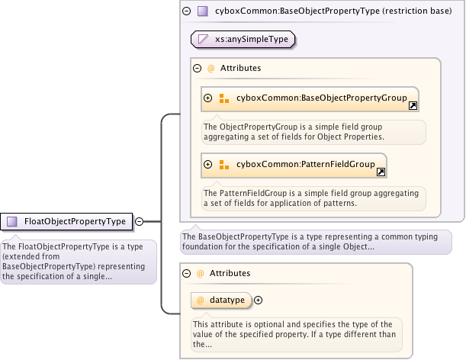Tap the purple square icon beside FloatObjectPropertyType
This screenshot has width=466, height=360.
tap(12, 221)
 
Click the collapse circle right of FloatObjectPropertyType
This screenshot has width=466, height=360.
tap(140, 221)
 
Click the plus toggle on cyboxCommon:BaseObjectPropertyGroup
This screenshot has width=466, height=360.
tap(207, 98)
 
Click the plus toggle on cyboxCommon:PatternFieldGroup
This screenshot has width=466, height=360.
tap(207, 163)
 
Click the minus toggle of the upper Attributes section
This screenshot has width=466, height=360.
tap(198, 68)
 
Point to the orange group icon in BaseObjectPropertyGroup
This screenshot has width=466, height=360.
tap(224, 98)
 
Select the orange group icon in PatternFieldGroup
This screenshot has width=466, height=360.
tap(224, 163)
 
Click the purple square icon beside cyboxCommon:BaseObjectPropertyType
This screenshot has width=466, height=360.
tap(202, 11)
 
